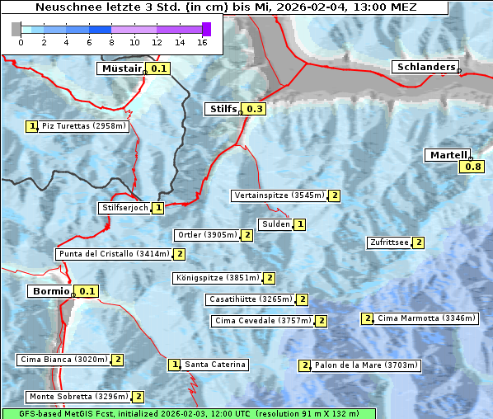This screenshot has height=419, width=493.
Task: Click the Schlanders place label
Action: click(425, 67)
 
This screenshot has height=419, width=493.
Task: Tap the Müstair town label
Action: click(120, 68)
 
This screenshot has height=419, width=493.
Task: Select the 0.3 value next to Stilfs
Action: click(255, 109)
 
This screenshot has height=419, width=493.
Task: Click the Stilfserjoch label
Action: click(124, 208)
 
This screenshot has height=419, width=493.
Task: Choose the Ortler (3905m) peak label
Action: click(206, 235)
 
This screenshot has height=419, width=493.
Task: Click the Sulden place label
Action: click(275, 224)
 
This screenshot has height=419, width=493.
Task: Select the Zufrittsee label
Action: click(388, 242)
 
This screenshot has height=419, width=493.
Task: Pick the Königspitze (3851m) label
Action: click(217, 278)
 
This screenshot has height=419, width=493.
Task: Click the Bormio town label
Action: click(50, 291)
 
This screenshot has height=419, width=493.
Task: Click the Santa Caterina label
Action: click(214, 365)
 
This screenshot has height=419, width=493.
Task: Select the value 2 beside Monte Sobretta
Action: click(138, 397)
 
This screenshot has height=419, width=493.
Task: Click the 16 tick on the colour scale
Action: click(202, 42)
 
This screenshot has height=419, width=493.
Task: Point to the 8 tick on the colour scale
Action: click(111, 42)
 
